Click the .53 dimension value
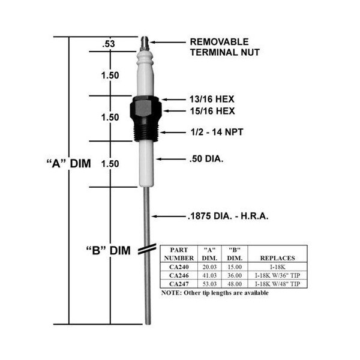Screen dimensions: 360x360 click(x=109, y=44)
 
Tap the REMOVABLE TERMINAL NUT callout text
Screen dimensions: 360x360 click(x=225, y=47)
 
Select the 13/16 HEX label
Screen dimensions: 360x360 click(x=212, y=99)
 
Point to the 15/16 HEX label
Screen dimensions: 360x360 click(x=212, y=111)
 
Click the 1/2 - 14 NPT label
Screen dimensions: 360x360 click(x=217, y=132)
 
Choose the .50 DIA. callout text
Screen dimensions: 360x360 click(x=206, y=158)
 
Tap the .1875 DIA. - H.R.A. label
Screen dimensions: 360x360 click(x=228, y=216)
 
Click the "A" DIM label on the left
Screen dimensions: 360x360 click(x=68, y=163)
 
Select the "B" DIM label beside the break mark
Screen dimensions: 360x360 click(x=109, y=250)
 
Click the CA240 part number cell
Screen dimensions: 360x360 click(x=179, y=267)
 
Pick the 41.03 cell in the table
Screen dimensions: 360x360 click(x=209, y=275)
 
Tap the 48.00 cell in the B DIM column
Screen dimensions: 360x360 click(x=235, y=284)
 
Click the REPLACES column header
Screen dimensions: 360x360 click(x=277, y=258)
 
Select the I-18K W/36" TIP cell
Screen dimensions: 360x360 click(x=278, y=275)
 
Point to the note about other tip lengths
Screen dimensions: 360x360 click(x=215, y=293)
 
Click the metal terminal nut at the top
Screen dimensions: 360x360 click(x=145, y=43)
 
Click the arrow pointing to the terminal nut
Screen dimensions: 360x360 click(x=168, y=42)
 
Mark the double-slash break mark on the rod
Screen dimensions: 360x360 click(x=147, y=249)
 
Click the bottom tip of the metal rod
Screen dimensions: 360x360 click(x=148, y=324)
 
